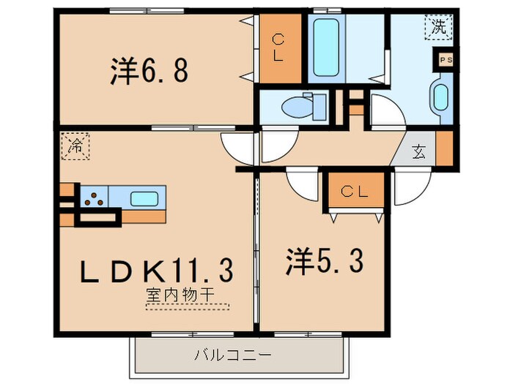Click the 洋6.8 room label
pyautogui.click(x=150, y=71)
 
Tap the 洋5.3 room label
pyautogui.click(x=323, y=261)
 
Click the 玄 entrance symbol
pyautogui.click(x=418, y=152)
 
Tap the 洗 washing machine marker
pyautogui.click(x=438, y=28)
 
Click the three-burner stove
pyautogui.click(x=94, y=197)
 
